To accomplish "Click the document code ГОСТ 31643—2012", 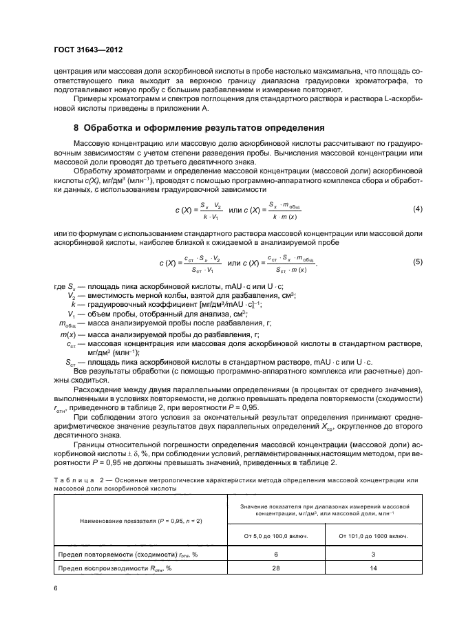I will [88, 51].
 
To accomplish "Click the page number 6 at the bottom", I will [56, 588].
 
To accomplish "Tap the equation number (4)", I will [416, 208].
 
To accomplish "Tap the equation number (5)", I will [416, 262].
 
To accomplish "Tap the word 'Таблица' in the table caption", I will [72, 479].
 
